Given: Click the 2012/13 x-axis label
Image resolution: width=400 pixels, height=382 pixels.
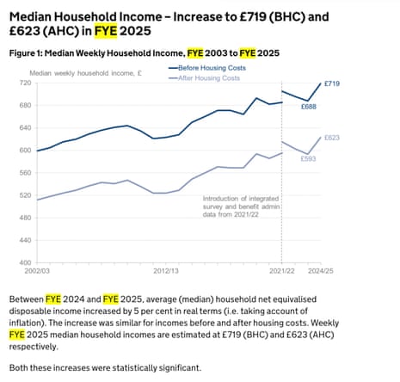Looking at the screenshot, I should point(165,271).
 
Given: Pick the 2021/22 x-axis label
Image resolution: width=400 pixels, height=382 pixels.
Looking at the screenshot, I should point(282,271).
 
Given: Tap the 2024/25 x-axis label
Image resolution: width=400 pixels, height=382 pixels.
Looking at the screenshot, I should point(320,271).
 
